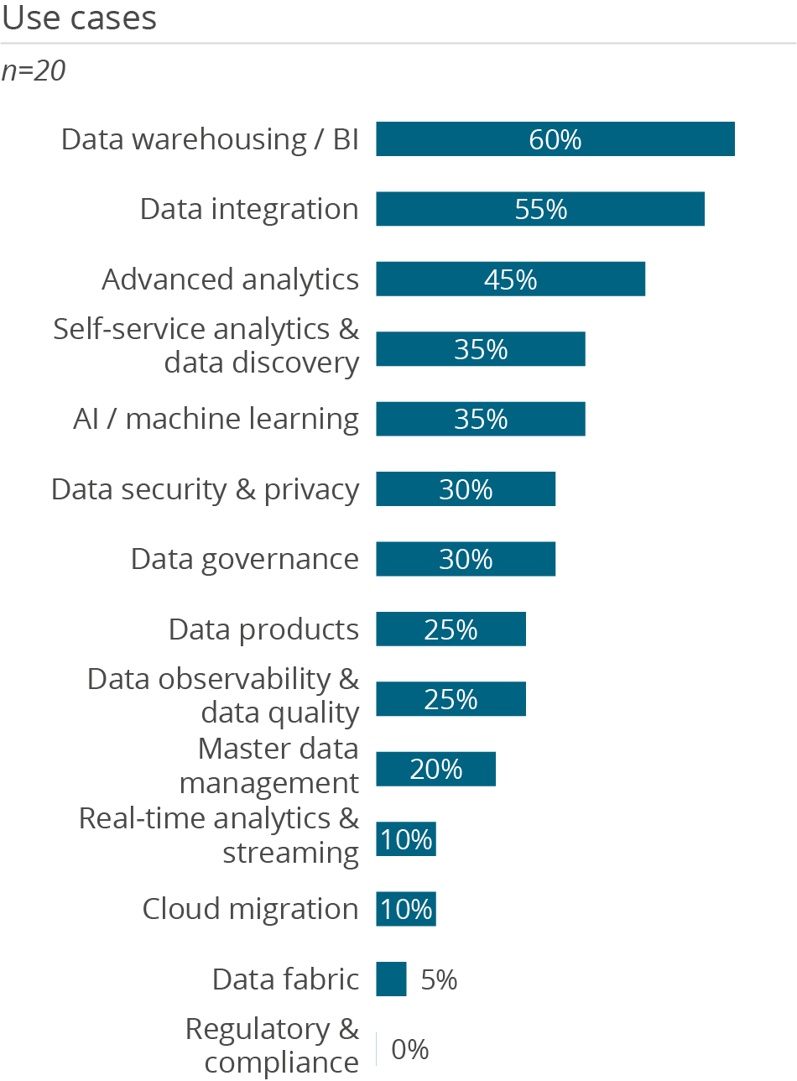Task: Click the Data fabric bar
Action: (391, 979)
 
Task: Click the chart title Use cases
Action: (79, 18)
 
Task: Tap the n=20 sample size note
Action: (34, 71)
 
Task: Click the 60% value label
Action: (555, 139)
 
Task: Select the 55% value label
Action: (541, 209)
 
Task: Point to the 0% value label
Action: (410, 1049)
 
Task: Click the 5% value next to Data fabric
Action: (439, 979)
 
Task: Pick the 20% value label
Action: (436, 769)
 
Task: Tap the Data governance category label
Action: (244, 559)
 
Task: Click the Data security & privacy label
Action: (205, 489)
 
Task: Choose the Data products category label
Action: (263, 629)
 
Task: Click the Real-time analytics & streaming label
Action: (219, 835)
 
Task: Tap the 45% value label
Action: (510, 279)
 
